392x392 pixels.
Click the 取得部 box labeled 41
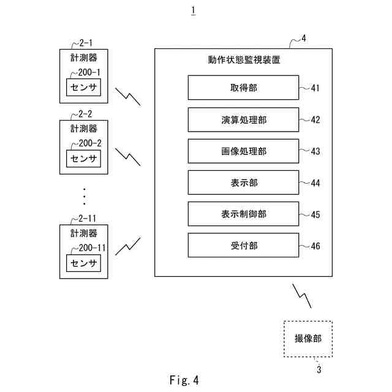pos(243,88)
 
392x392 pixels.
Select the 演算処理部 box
pos(243,120)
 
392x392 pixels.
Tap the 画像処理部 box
pos(243,151)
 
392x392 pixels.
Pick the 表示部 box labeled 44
pos(243,183)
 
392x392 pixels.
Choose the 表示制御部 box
pos(243,214)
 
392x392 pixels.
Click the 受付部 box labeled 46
pos(243,246)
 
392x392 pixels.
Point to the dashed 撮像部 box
pos(307,339)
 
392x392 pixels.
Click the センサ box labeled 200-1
pos(84,89)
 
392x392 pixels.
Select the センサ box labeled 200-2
pos(84,159)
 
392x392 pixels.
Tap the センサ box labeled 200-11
pos(84,263)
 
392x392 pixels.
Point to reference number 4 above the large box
pos(304,39)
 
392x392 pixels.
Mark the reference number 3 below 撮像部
pos(318,369)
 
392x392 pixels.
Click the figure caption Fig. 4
pos(184,380)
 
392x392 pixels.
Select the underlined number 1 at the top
pos(194,10)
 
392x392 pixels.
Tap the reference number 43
pos(315,151)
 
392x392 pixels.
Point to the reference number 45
pos(315,214)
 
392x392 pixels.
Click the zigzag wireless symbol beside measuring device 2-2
pos(132,157)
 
